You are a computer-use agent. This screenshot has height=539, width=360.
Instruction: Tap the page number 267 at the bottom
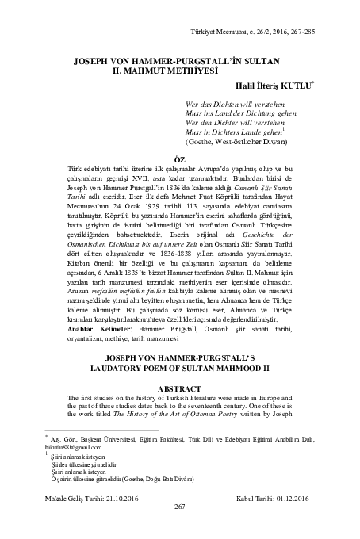point(179,528)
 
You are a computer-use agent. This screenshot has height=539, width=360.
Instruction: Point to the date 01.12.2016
point(285,519)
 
